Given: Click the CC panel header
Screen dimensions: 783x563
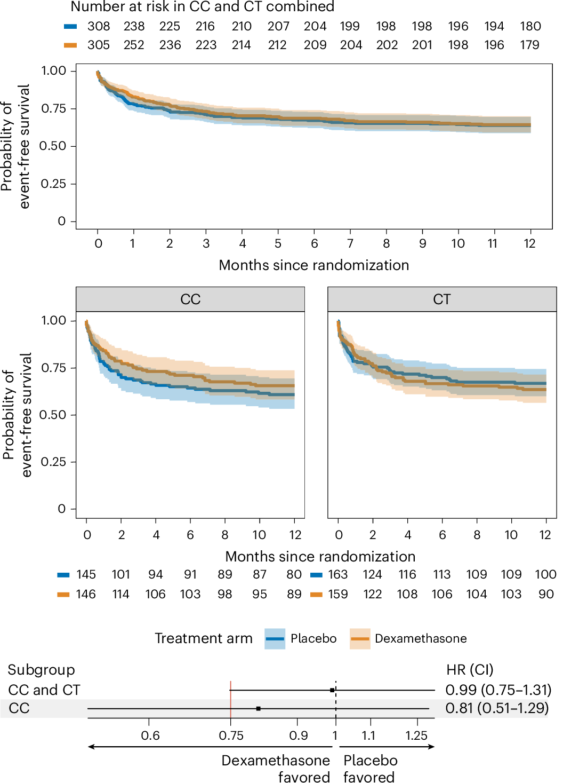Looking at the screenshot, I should point(190,299).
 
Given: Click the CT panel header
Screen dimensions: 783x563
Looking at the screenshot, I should point(442,299).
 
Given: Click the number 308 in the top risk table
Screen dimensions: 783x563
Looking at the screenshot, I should point(99,26).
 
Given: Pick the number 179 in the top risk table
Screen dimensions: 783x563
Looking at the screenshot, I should point(529,45).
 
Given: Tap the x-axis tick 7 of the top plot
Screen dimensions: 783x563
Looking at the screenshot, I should point(350,243).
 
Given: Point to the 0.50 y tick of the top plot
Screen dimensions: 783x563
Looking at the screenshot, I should point(53,146).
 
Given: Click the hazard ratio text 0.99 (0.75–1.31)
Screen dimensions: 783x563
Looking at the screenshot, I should point(498,690).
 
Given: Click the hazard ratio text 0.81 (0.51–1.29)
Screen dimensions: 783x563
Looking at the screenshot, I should point(496,708).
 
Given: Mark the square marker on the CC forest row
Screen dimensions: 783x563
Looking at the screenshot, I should point(258,708).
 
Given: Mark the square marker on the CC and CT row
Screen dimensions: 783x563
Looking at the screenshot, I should point(332,690).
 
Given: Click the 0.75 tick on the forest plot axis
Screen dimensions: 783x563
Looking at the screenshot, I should point(231,735).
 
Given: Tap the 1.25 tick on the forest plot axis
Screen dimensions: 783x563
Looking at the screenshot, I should point(416,735).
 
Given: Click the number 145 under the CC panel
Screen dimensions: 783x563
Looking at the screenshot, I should point(86,574).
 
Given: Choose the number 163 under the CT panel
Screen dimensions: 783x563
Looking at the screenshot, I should point(337,574).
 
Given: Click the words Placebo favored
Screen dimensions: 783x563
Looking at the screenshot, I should point(370,769).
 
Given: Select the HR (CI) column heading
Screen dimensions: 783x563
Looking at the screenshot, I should point(470,670).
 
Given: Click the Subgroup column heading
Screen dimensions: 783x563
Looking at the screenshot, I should point(41,670).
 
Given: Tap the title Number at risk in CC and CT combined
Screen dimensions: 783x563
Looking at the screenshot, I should point(203,7).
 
